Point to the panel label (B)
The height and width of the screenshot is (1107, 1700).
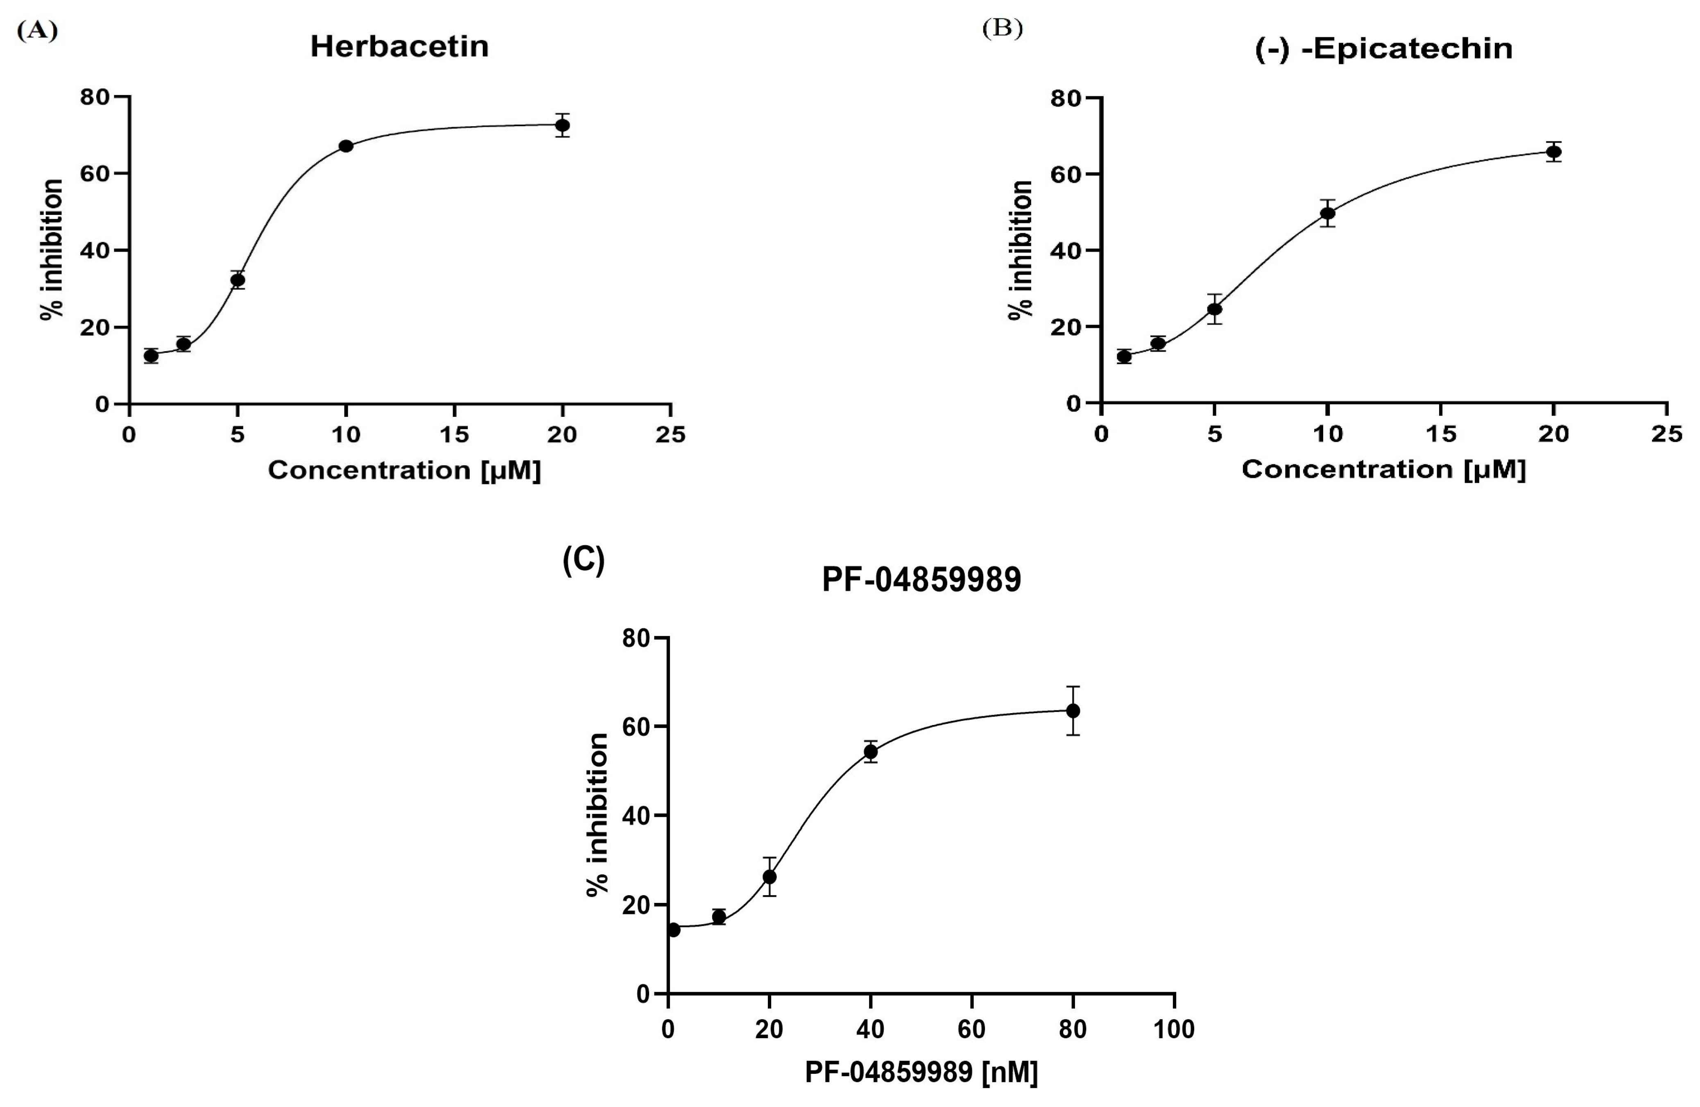(x=1002, y=29)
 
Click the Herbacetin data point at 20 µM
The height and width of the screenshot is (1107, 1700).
(x=562, y=125)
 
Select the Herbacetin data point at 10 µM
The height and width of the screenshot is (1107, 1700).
(x=346, y=146)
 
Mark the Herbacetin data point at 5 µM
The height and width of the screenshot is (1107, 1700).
(x=238, y=280)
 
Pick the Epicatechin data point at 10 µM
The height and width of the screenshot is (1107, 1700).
(x=1328, y=213)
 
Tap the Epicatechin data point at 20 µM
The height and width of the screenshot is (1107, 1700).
(x=1553, y=152)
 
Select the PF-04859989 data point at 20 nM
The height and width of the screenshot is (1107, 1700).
(x=769, y=876)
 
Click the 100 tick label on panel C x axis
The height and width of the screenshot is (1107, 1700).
(x=1174, y=1029)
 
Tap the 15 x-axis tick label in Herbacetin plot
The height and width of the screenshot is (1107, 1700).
(x=454, y=434)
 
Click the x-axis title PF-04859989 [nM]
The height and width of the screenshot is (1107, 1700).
(x=921, y=1072)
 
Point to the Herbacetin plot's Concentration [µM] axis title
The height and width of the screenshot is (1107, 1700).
(x=404, y=470)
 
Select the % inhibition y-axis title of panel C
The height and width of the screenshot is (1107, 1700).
(x=597, y=815)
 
